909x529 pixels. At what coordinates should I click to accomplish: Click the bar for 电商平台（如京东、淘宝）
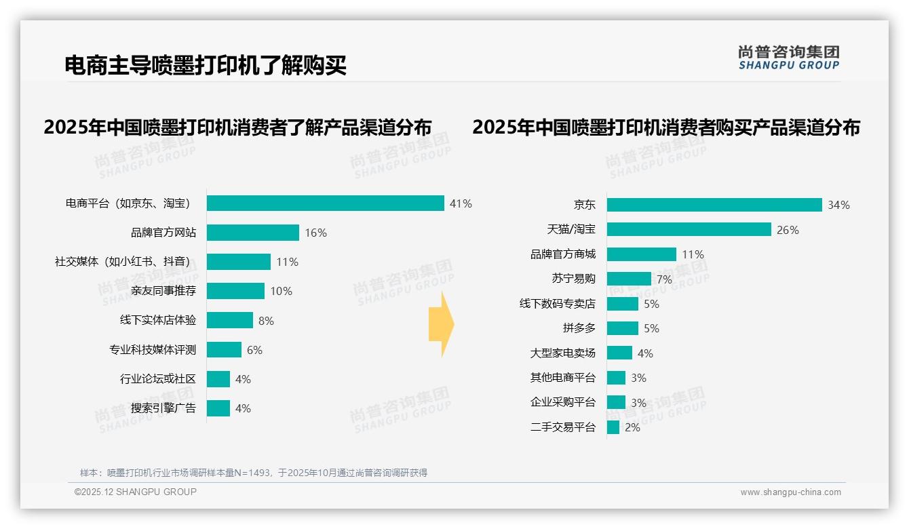tap(325, 203)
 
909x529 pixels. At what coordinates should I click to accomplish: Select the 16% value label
tap(315, 233)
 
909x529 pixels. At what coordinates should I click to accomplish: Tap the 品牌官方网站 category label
tap(163, 233)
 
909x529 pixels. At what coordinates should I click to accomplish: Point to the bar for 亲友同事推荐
tap(235, 291)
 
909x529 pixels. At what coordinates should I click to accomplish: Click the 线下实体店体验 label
tap(158, 320)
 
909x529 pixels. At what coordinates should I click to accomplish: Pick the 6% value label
tap(254, 350)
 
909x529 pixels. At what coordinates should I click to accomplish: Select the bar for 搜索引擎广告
tap(218, 408)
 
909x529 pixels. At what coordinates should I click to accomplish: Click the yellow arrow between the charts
tap(441, 325)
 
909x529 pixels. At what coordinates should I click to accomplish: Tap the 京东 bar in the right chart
tap(714, 205)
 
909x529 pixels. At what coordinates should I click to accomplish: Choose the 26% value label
tap(788, 230)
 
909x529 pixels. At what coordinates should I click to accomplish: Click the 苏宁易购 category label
tap(573, 279)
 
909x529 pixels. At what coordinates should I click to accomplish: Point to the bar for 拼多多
tap(623, 328)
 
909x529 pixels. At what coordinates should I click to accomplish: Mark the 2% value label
tap(632, 428)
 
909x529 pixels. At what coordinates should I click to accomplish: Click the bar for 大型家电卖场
tap(619, 353)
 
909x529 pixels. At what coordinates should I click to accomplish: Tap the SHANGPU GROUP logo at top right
tap(788, 58)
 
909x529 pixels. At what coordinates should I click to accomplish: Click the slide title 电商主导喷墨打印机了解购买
tap(206, 65)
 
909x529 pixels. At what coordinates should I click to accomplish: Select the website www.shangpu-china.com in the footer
tap(790, 492)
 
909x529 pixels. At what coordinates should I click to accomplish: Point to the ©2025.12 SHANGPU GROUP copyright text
tap(136, 492)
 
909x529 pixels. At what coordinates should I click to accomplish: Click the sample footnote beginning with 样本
tap(254, 473)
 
